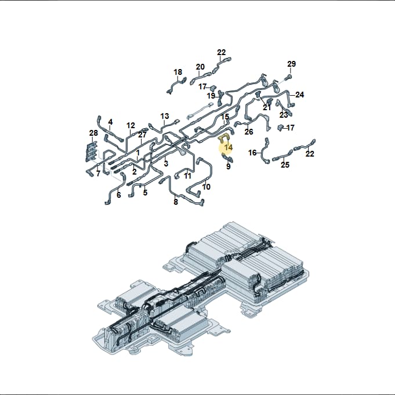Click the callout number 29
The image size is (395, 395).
coord(291,64)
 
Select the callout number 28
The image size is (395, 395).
coord(93,133)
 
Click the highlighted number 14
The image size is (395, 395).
coord(229,147)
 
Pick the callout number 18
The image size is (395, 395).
coord(178,72)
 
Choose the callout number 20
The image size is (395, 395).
coord(200,67)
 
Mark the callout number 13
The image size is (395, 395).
coord(165,116)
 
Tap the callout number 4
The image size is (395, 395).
coord(110,122)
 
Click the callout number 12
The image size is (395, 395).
coord(131,125)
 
